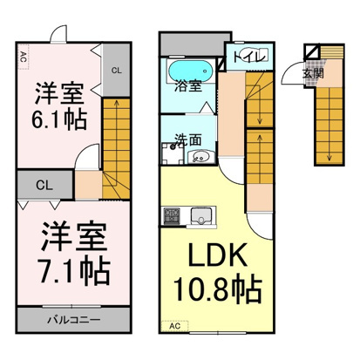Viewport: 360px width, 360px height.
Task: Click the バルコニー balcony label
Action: point(74,320)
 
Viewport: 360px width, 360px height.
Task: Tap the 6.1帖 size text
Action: point(59,120)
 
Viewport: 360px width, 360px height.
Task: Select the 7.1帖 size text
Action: point(75,271)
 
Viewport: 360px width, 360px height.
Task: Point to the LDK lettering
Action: point(218,255)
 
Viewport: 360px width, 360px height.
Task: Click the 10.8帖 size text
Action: point(218,289)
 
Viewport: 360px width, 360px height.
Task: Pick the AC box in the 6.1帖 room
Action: point(24,57)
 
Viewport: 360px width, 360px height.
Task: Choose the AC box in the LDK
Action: point(175,326)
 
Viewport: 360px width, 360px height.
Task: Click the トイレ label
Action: point(250,57)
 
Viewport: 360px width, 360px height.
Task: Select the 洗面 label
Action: point(187,139)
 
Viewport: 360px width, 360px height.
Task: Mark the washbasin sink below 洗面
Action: point(200,158)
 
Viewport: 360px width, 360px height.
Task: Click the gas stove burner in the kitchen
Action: point(172,216)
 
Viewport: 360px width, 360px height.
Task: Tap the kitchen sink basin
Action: point(201,216)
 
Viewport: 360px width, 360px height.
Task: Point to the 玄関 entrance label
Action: point(313,74)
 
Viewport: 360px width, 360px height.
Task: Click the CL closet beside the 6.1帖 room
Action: point(116,70)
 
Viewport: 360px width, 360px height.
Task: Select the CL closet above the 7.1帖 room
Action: point(44,185)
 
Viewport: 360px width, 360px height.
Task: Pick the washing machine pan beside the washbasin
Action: point(173,153)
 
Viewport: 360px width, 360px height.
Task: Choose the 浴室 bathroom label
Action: point(188,86)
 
